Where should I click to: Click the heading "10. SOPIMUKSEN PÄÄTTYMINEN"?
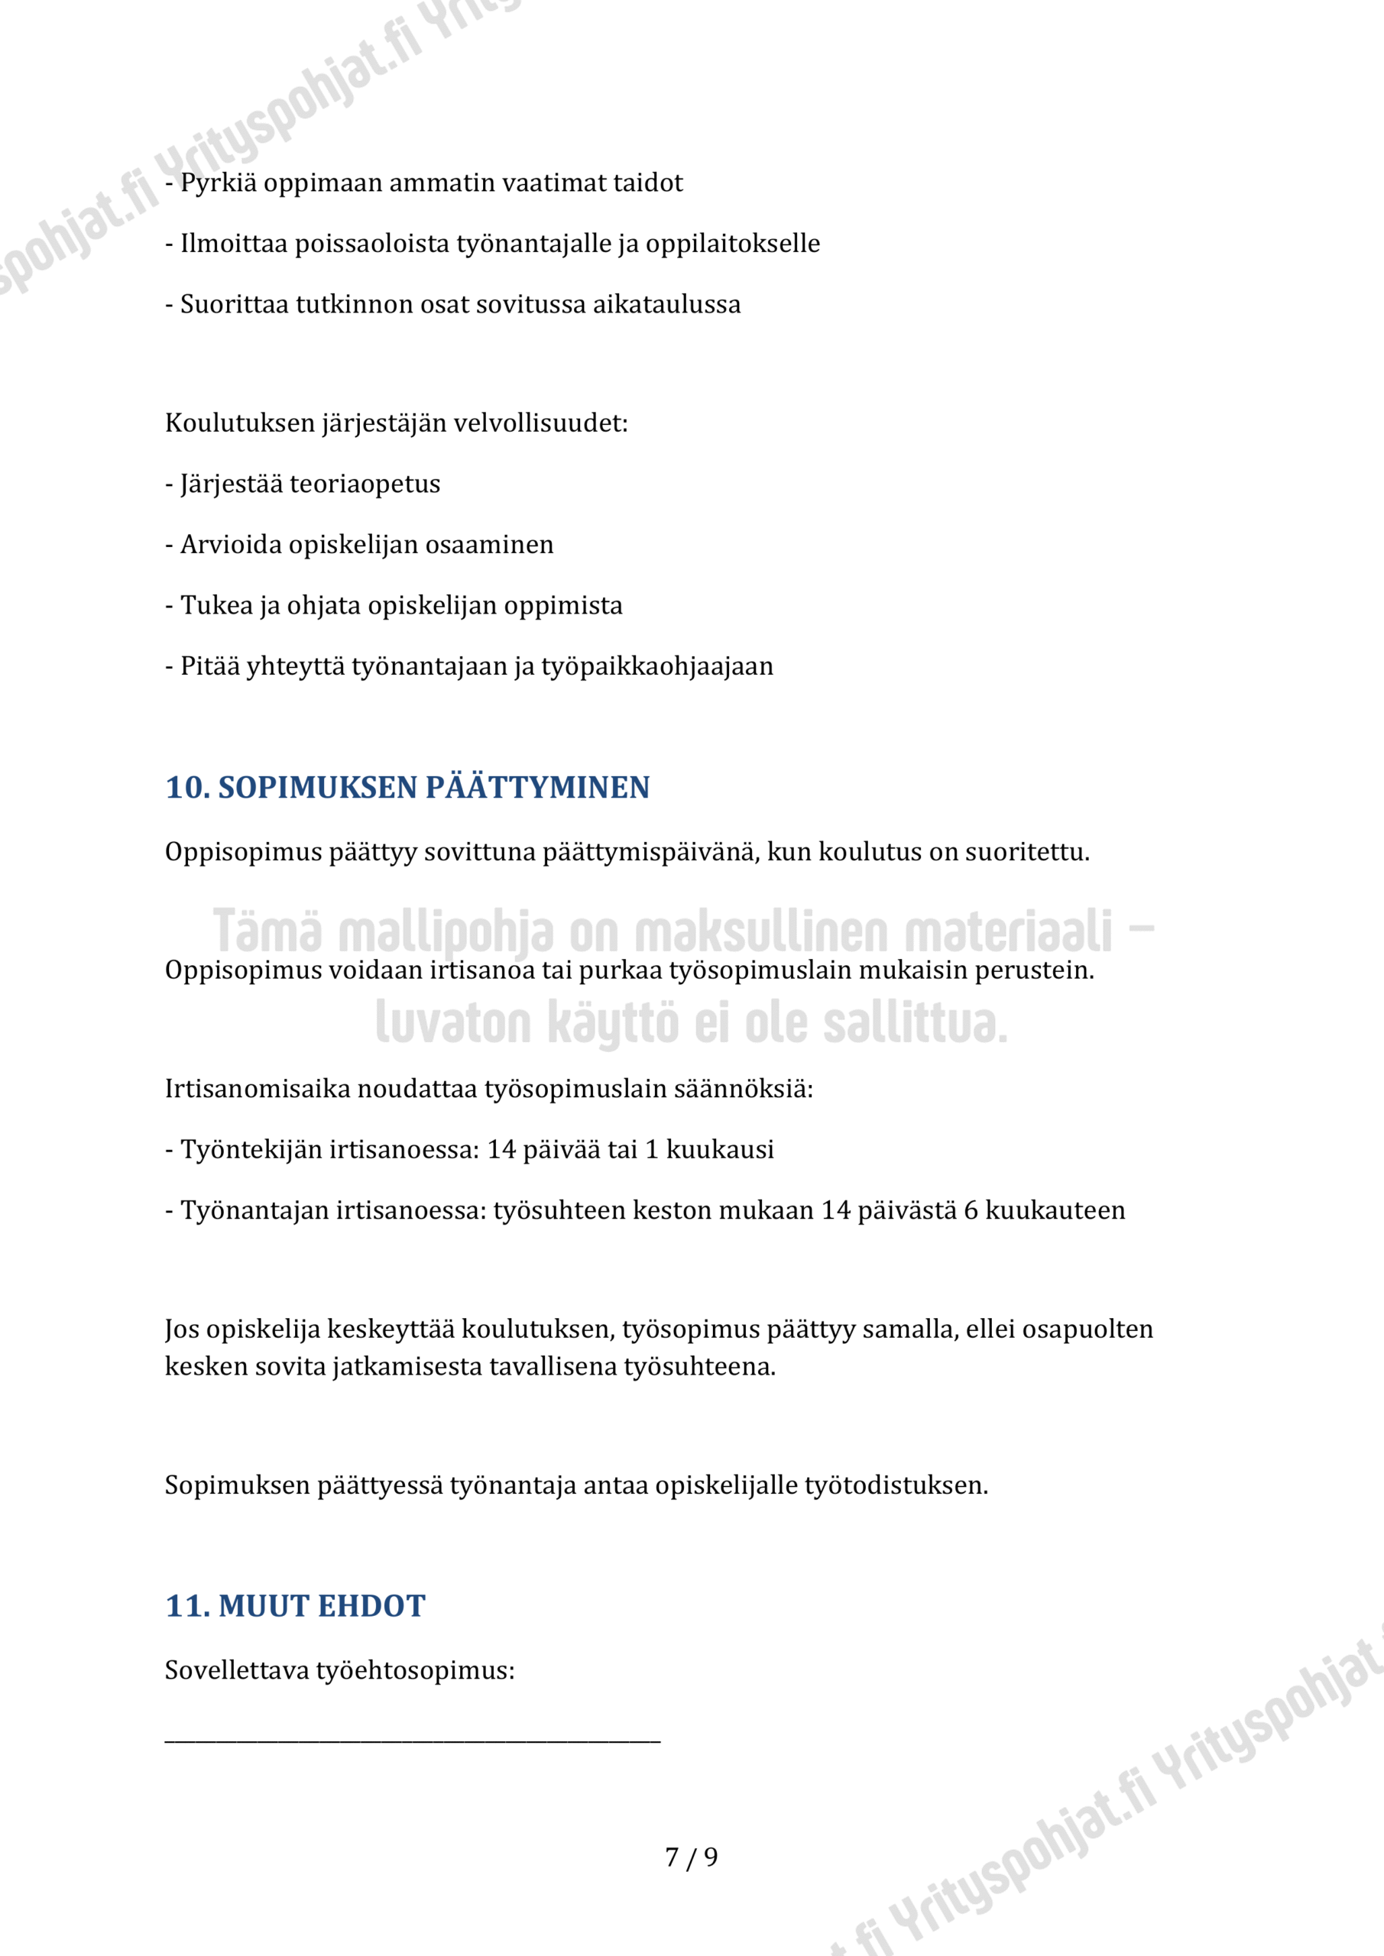pyautogui.click(x=407, y=787)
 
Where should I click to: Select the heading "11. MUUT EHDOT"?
pyautogui.click(x=295, y=1606)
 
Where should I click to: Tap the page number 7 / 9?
pyautogui.click(x=691, y=1857)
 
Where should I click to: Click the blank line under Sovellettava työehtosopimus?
pyautogui.click(x=413, y=1738)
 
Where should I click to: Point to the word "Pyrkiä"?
pyautogui.click(x=218, y=183)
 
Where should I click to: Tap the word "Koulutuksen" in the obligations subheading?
pyautogui.click(x=239, y=423)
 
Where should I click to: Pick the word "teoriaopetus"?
pyautogui.click(x=365, y=484)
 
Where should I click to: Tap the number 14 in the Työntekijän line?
pyautogui.click(x=501, y=1149)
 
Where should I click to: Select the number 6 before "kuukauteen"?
pyautogui.click(x=971, y=1210)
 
